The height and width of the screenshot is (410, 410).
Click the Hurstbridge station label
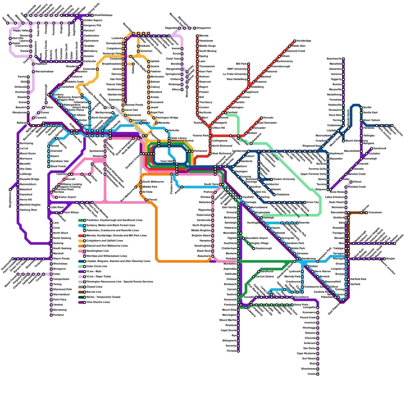(x=304, y=41)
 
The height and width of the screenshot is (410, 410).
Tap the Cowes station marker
(x=318, y=374)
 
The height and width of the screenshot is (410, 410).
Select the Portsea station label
(x=232, y=351)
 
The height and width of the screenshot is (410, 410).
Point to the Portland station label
(x=58, y=315)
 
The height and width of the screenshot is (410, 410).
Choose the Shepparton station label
(x=204, y=28)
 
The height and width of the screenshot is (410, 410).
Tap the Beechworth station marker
(x=343, y=59)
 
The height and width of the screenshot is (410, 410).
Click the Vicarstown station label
(x=375, y=213)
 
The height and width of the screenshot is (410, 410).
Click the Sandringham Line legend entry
(x=98, y=251)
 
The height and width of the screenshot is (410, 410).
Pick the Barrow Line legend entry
(x=94, y=292)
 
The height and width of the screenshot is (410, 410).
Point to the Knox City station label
(x=313, y=202)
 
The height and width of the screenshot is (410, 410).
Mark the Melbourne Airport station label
(x=69, y=97)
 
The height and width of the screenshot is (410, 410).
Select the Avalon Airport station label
(x=67, y=197)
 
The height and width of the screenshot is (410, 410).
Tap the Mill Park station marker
(x=249, y=64)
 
